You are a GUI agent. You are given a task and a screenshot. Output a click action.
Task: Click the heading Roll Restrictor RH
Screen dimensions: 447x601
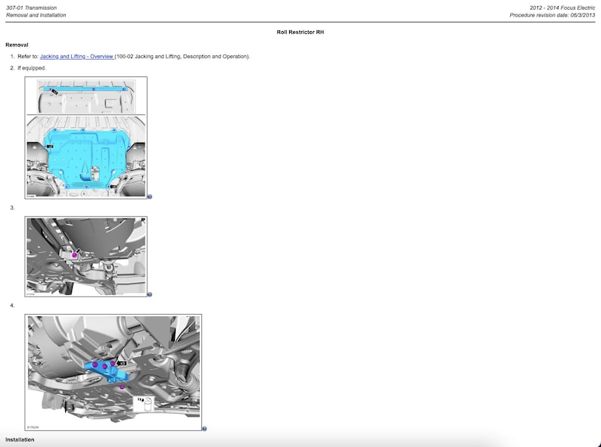coord(300,33)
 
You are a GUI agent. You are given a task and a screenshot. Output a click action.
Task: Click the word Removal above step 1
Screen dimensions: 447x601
coord(17,45)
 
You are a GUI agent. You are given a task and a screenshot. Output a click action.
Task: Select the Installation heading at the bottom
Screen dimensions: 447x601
coord(20,439)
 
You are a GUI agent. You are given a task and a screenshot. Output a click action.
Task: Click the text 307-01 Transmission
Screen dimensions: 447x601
coord(31,8)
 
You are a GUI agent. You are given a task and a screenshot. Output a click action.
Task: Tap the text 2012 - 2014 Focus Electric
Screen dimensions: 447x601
coord(562,8)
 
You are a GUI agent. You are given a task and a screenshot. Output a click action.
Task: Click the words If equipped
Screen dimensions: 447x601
coord(32,68)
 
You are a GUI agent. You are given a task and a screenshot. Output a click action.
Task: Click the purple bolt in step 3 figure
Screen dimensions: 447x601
coord(75,256)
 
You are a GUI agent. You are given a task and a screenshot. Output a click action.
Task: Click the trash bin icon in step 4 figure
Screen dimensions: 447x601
coord(143,402)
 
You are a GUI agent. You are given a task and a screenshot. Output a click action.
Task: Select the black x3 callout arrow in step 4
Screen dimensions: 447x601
coord(121,363)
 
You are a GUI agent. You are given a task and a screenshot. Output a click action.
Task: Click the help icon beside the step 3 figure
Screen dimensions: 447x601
coord(150,294)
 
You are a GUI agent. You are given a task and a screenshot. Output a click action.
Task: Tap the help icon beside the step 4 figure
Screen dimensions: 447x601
coord(204,429)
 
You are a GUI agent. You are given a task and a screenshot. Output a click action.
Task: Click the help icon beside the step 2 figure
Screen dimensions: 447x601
coord(150,197)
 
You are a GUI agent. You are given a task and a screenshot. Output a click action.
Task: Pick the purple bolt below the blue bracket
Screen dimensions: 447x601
coord(122,386)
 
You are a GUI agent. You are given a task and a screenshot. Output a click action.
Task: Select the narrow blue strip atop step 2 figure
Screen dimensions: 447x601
coord(87,89)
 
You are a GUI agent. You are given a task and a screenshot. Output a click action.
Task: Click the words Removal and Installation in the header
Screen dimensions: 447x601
coord(36,15)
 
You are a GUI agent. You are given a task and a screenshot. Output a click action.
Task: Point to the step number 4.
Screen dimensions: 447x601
coord(12,306)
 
